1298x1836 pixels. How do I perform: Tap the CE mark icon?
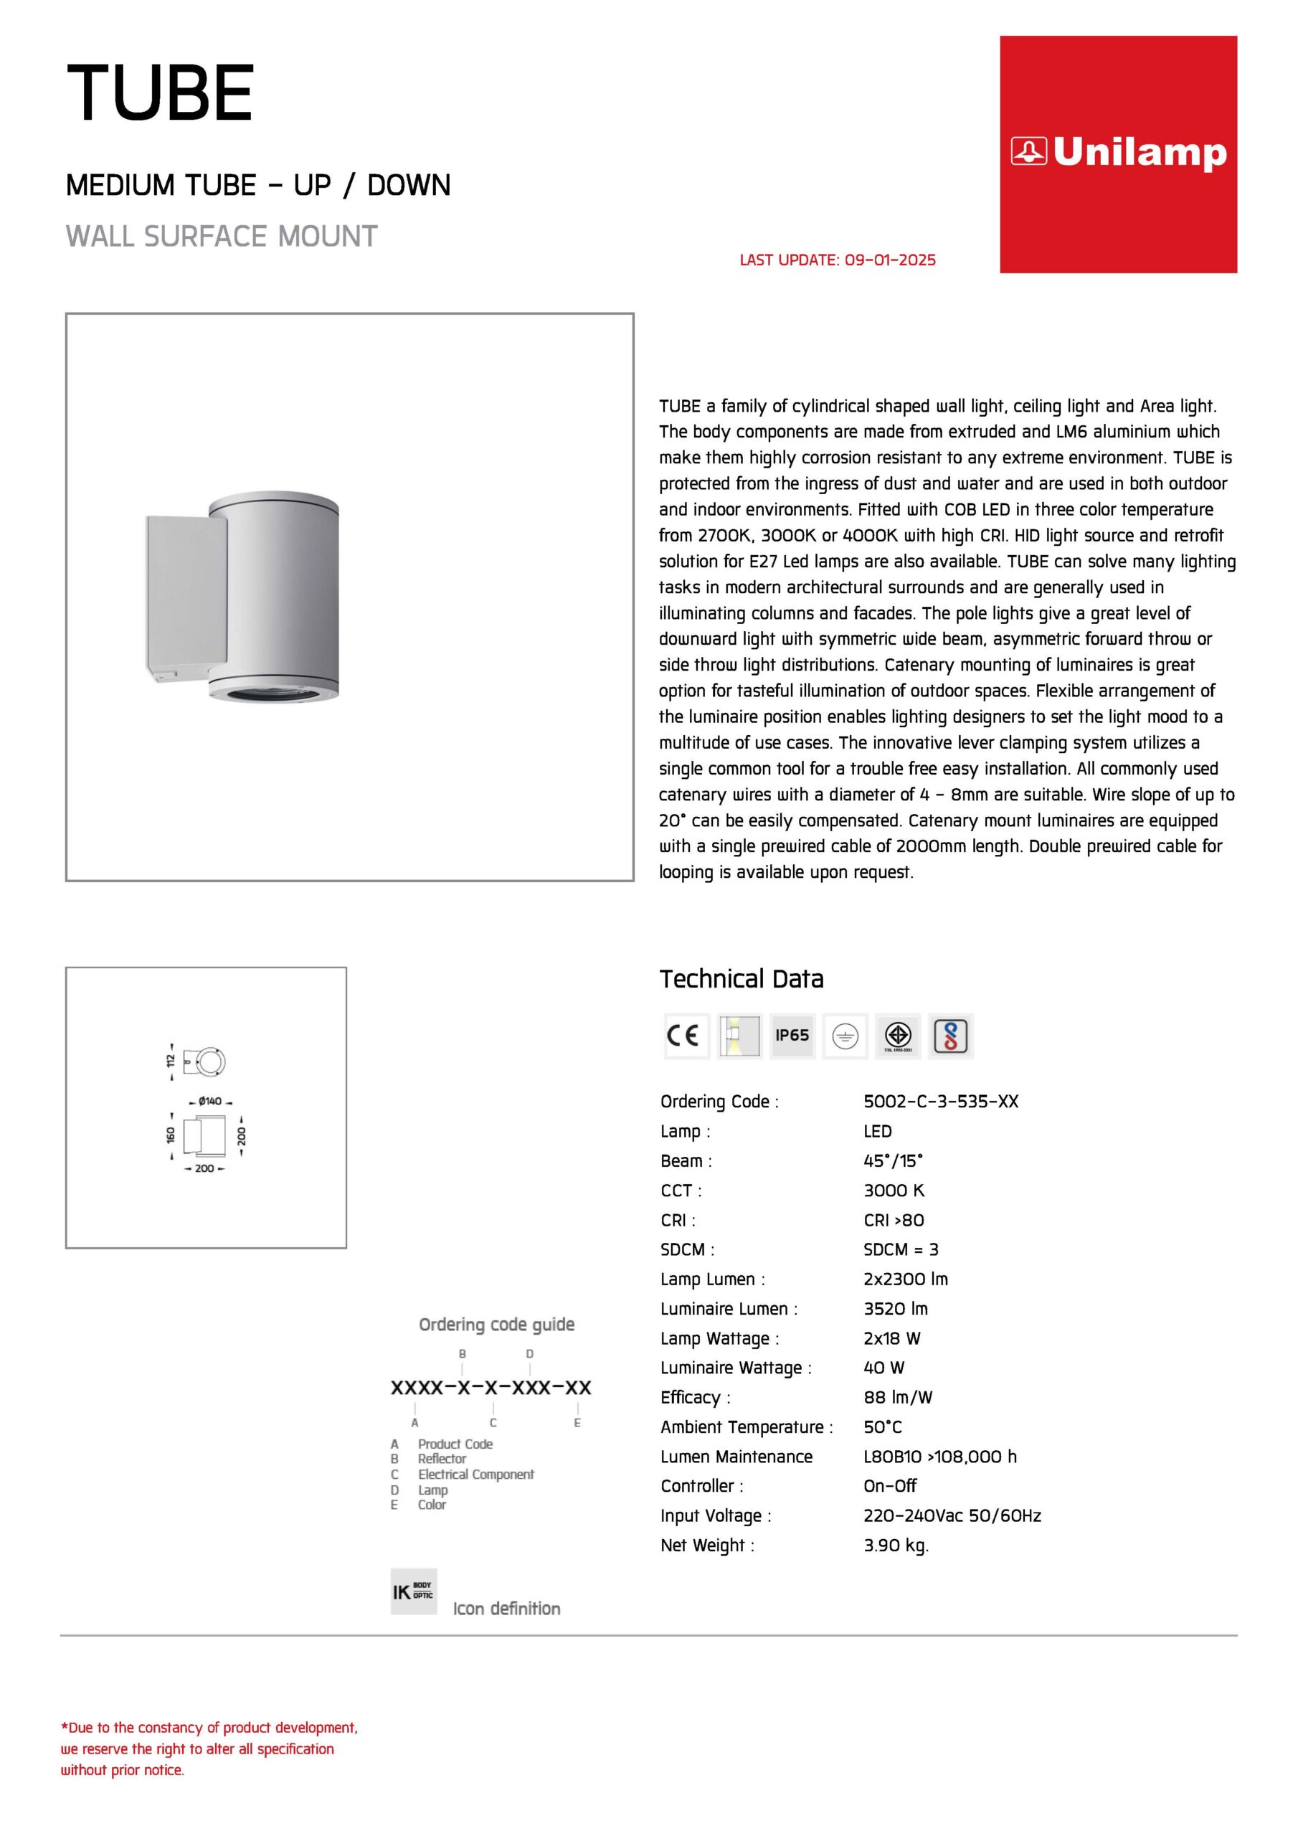point(686,1036)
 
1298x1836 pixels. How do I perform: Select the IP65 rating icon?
point(792,1036)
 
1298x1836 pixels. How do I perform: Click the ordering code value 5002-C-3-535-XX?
point(940,1102)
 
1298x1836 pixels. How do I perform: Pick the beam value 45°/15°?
point(893,1161)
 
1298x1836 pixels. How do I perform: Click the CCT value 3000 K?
point(894,1191)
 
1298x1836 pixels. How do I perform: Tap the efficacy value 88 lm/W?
point(897,1398)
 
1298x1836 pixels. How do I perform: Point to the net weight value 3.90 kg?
point(896,1546)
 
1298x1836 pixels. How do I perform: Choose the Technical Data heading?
point(742,980)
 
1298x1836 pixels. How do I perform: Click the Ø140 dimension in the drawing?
point(209,1102)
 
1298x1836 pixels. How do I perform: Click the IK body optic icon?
point(414,1592)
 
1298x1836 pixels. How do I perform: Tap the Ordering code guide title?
point(497,1325)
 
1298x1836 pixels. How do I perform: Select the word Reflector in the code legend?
point(442,1459)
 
